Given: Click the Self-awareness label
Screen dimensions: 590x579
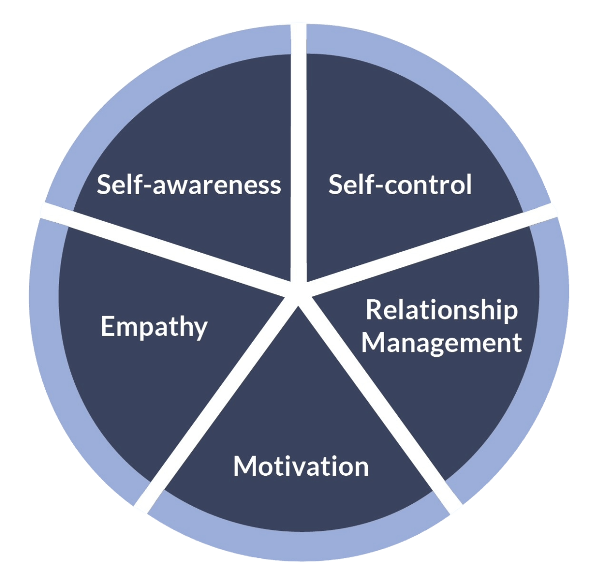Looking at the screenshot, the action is [x=189, y=184].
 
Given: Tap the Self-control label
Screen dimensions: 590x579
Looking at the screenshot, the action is [x=400, y=184].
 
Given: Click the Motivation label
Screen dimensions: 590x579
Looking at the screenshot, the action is [x=301, y=466].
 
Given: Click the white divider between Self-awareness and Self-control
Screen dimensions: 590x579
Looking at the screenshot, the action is [x=298, y=153].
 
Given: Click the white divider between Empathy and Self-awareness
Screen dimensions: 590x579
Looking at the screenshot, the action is [x=165, y=249].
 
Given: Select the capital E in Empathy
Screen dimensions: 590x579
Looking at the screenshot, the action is [x=107, y=326].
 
